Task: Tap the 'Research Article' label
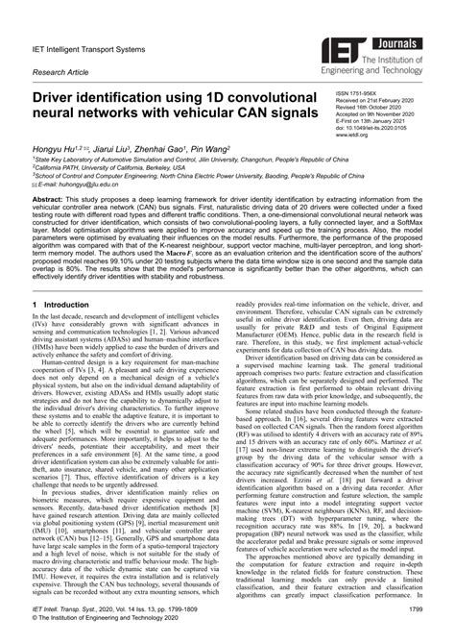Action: click(x=59, y=71)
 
